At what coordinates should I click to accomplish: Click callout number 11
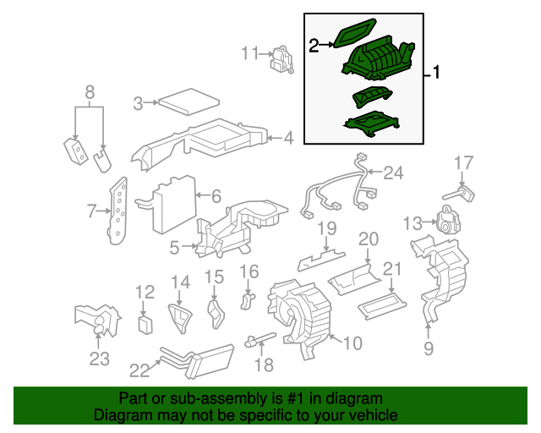point(249,53)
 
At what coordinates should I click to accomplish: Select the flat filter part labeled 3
point(189,101)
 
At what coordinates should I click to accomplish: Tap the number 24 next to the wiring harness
point(393,173)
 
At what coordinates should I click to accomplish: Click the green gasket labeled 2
point(354,33)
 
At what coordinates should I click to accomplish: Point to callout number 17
point(463,162)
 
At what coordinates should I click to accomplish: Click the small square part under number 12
point(145,324)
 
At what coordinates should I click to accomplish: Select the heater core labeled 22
point(197,361)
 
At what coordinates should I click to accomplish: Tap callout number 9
point(429,348)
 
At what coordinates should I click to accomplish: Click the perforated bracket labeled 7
point(118,211)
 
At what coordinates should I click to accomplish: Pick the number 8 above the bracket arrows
point(90,92)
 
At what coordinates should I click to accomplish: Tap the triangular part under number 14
point(180,318)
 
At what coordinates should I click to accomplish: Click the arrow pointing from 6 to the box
point(203,195)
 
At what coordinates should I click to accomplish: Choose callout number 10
point(352,343)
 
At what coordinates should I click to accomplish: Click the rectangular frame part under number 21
point(382,306)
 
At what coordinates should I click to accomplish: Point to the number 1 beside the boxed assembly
point(436,73)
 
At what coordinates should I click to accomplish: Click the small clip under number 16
point(247,301)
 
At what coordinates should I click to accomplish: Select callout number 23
point(100,359)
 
